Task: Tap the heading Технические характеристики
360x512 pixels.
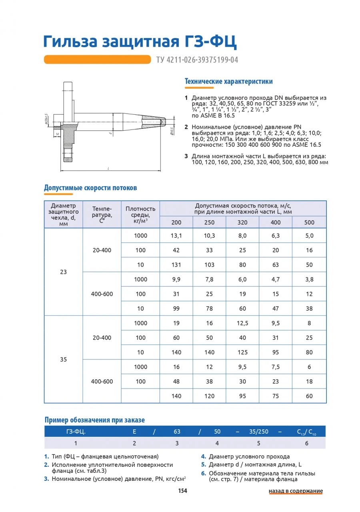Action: pos(228,82)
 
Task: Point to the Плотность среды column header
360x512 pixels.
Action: pos(140,214)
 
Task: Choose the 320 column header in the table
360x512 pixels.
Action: pos(242,222)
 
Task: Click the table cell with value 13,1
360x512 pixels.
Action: pos(176,235)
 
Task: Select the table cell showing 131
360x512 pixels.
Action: pos(176,265)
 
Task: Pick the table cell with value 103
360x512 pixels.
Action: pos(209,265)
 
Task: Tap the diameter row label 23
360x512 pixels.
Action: pos(63,272)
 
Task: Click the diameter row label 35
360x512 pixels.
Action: pos(63,359)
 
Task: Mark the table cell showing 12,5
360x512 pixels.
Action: pos(242,323)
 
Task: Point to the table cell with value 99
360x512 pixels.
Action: pos(176,309)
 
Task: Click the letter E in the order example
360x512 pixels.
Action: pos(134,432)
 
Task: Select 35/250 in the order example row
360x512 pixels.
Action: pos(259,432)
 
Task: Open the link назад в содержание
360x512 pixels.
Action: pos(296,491)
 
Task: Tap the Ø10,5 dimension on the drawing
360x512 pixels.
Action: pos(172,130)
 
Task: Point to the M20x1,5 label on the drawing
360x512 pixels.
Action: pos(47,119)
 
